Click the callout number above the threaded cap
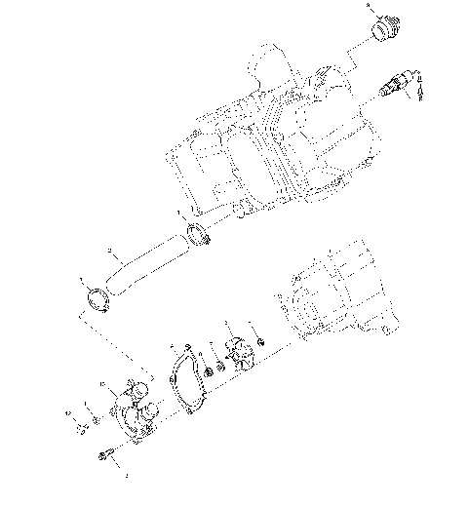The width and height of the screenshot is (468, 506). coord(369,6)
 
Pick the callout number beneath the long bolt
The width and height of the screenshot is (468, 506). coord(125,477)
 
